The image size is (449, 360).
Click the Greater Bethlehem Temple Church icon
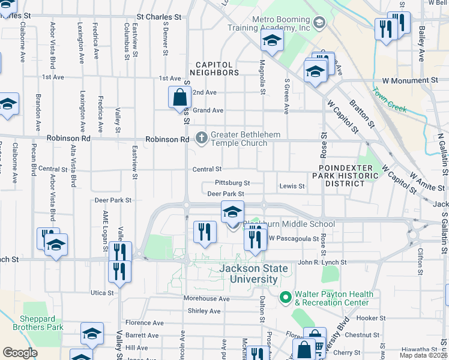point(201,138)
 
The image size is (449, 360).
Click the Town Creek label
point(389,101)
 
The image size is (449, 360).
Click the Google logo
point(20,352)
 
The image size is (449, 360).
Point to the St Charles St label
point(159,17)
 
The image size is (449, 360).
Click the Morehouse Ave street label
point(207,298)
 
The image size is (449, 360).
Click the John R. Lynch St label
point(322,262)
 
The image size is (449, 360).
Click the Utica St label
point(102,293)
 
